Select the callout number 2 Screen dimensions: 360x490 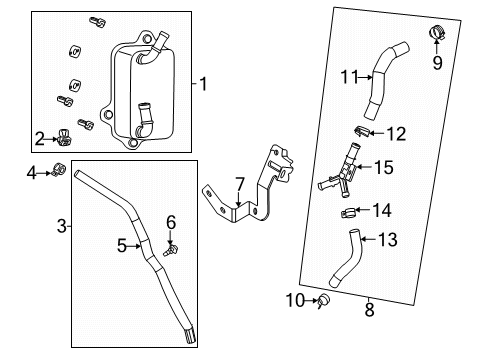[40, 139]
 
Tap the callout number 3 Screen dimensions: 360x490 [63, 227]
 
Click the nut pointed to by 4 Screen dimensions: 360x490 [58, 171]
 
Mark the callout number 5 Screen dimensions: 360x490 [122, 243]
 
